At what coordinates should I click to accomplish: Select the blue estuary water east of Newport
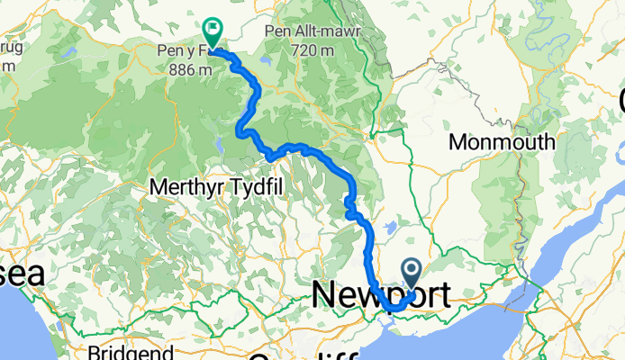pos(558,270)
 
